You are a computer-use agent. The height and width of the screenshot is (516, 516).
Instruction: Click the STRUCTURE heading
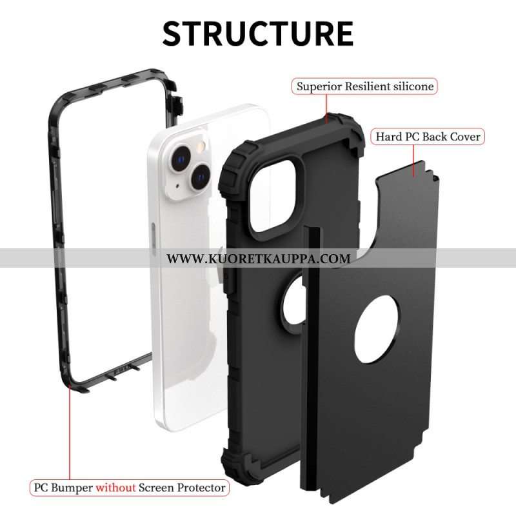point(258,34)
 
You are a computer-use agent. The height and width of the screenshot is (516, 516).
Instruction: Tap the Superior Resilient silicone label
point(364,86)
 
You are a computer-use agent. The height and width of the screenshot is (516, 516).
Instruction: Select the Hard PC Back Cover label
point(428,137)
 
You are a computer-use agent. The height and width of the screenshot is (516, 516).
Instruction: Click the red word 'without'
point(115,488)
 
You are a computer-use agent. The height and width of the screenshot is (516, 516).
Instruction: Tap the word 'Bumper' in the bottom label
point(72,488)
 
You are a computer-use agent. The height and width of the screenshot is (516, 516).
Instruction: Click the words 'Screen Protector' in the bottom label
point(182,488)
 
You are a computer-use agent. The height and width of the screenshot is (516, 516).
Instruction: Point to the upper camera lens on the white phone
point(180,159)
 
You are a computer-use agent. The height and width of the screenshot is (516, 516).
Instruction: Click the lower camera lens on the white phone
point(201,177)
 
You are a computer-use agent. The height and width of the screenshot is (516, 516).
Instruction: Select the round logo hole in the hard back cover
point(377,330)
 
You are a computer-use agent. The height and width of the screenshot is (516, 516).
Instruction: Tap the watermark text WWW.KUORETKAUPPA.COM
point(259,259)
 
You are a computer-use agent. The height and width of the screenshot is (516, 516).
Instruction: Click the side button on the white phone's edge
point(154,236)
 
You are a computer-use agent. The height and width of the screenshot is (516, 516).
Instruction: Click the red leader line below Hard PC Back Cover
point(413,161)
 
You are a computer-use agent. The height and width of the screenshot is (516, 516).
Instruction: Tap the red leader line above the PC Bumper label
point(70,433)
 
